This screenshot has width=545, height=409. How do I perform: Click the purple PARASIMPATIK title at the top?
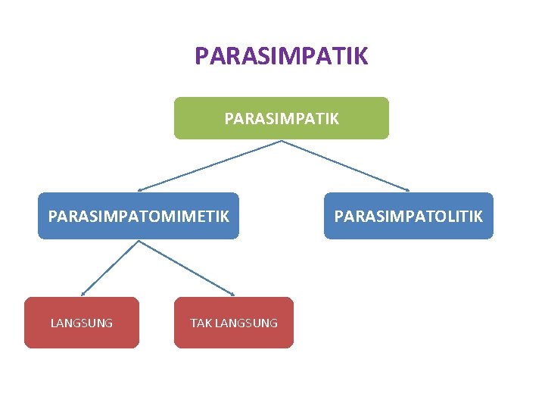tap(281, 56)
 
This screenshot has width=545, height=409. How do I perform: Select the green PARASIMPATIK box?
tap(281, 118)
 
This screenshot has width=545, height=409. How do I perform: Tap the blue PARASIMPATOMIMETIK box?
tap(139, 216)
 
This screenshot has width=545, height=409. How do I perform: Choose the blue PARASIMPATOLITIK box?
tap(408, 216)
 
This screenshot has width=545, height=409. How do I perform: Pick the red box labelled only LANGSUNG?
tap(82, 323)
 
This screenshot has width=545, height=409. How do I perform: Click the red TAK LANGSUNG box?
tap(233, 323)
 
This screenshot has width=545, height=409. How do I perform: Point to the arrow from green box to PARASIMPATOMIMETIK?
tap(210, 165)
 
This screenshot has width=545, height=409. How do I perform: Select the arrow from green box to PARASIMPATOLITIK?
tap(345, 165)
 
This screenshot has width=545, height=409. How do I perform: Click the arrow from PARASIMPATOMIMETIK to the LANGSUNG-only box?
tap(111, 267)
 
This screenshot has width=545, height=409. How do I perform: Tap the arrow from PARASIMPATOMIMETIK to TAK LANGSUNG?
tap(186, 267)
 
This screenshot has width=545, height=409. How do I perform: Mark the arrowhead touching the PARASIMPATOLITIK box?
tap(406, 189)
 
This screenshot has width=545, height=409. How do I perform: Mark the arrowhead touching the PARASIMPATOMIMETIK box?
tap(140, 189)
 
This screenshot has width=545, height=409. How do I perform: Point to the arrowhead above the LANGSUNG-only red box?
tap(83, 293)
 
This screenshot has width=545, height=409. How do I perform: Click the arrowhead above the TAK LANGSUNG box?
tap(232, 294)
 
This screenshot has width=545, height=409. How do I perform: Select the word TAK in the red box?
tap(201, 323)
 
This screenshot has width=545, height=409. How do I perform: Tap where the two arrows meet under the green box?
tap(281, 141)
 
